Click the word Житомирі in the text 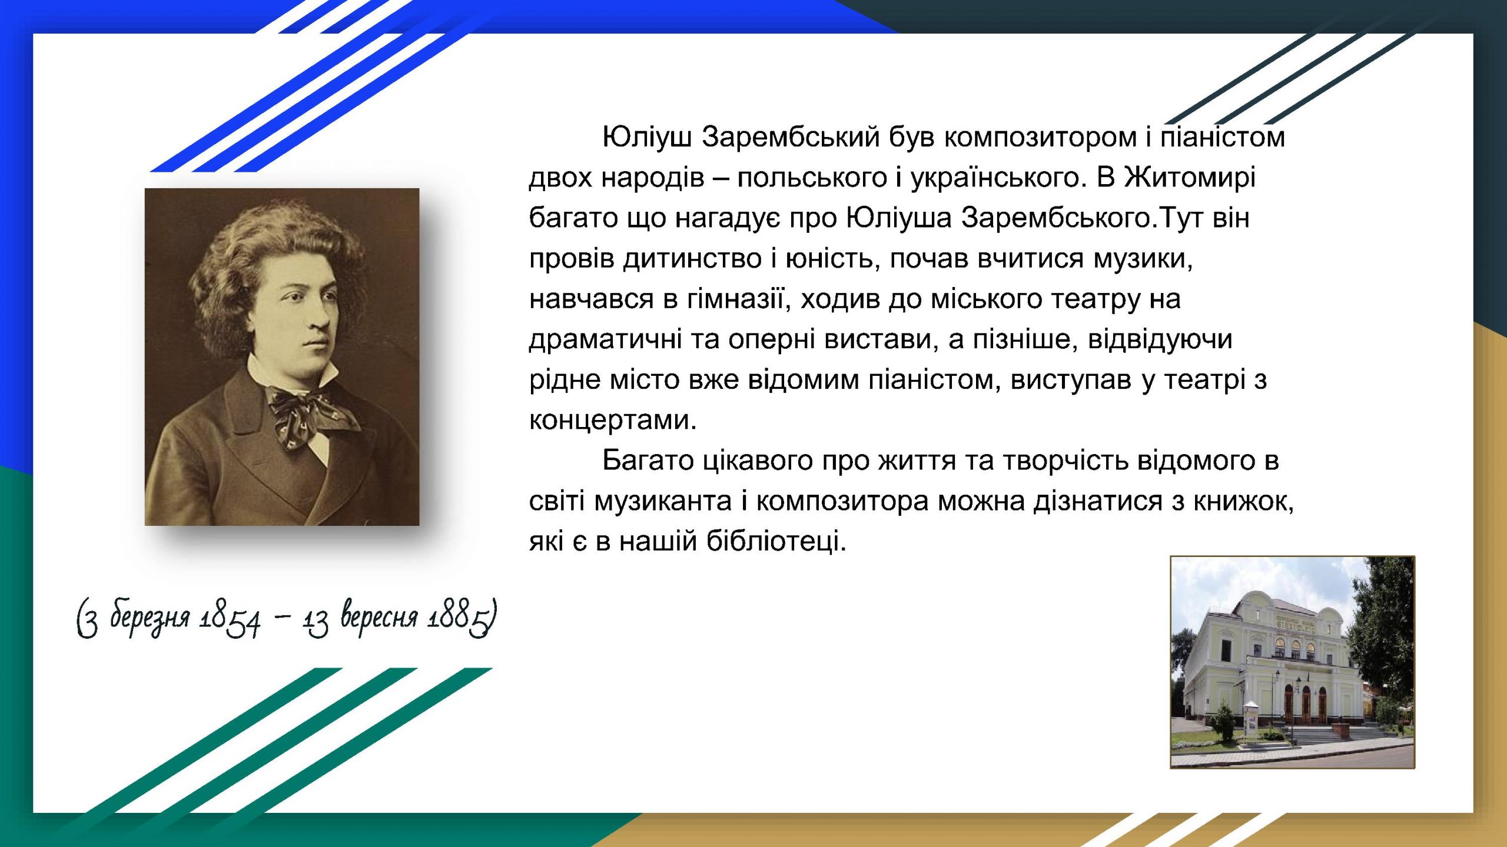[x=1190, y=178]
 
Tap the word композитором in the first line [x=1041, y=138]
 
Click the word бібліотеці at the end [x=776, y=541]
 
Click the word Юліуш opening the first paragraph [x=647, y=138]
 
